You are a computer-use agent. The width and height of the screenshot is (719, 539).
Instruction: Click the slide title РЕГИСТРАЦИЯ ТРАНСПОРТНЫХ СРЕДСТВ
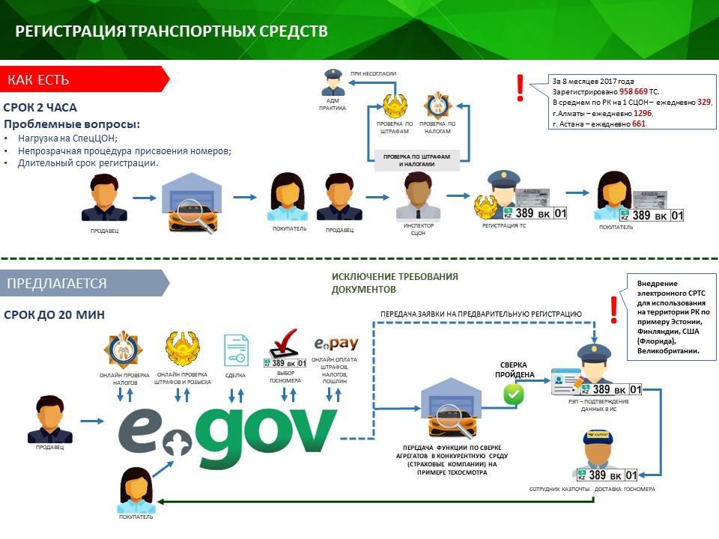coord(172,31)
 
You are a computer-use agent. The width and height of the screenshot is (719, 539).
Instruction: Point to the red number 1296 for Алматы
coord(643,113)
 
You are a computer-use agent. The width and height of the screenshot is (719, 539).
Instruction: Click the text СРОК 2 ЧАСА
coord(40,108)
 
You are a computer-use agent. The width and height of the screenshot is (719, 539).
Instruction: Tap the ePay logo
coord(335,344)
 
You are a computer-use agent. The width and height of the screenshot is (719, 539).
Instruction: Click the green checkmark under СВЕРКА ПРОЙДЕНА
coord(513,394)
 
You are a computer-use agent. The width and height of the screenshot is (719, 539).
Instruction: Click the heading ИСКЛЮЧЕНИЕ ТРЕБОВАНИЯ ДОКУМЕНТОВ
coord(395,282)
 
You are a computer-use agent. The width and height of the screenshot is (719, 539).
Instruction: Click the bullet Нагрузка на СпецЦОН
coord(67,138)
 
